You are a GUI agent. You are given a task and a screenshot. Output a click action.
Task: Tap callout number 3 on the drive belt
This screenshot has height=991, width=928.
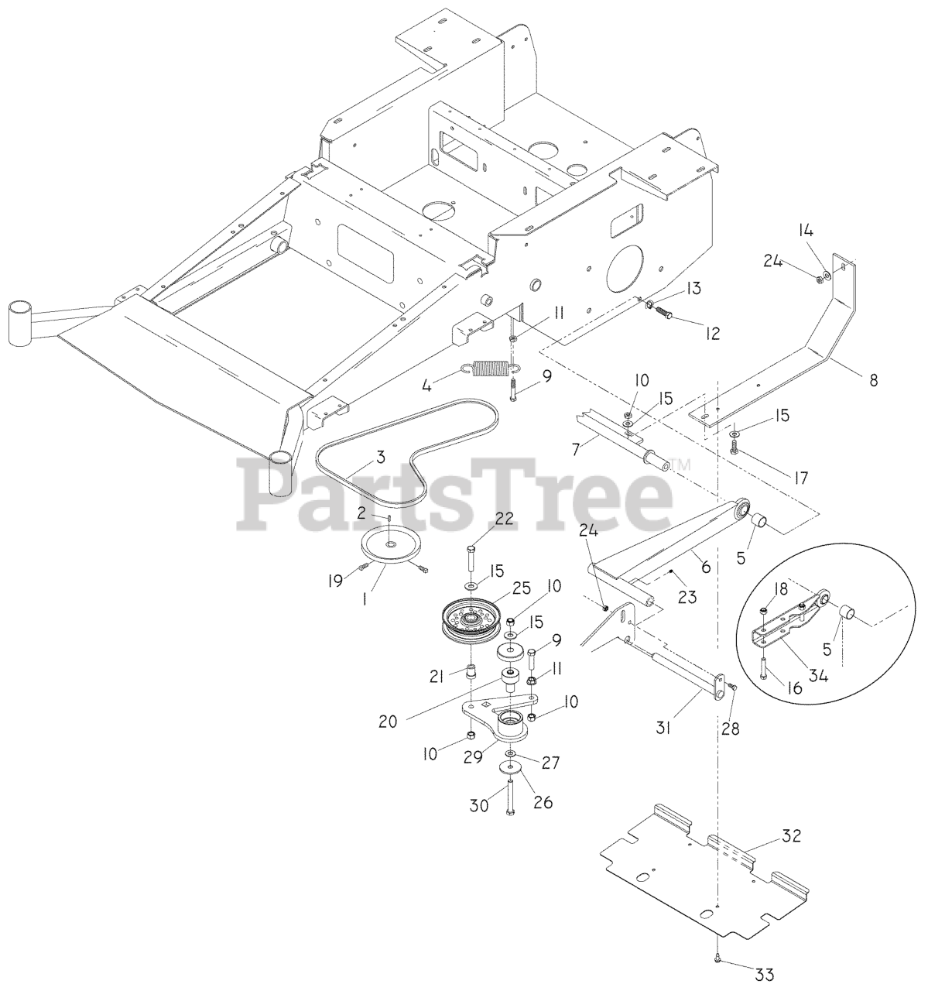(x=379, y=458)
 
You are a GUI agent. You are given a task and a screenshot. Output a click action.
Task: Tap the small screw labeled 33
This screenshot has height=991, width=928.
(x=719, y=959)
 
